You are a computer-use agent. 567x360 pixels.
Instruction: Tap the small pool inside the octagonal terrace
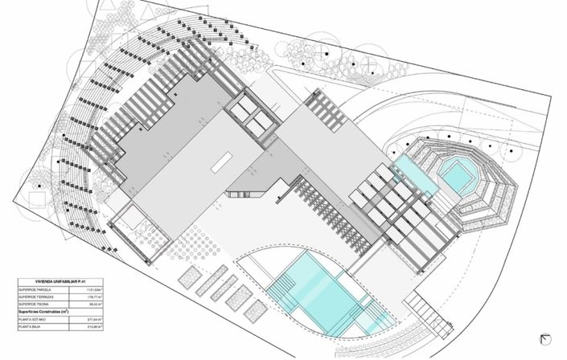(457, 173)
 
